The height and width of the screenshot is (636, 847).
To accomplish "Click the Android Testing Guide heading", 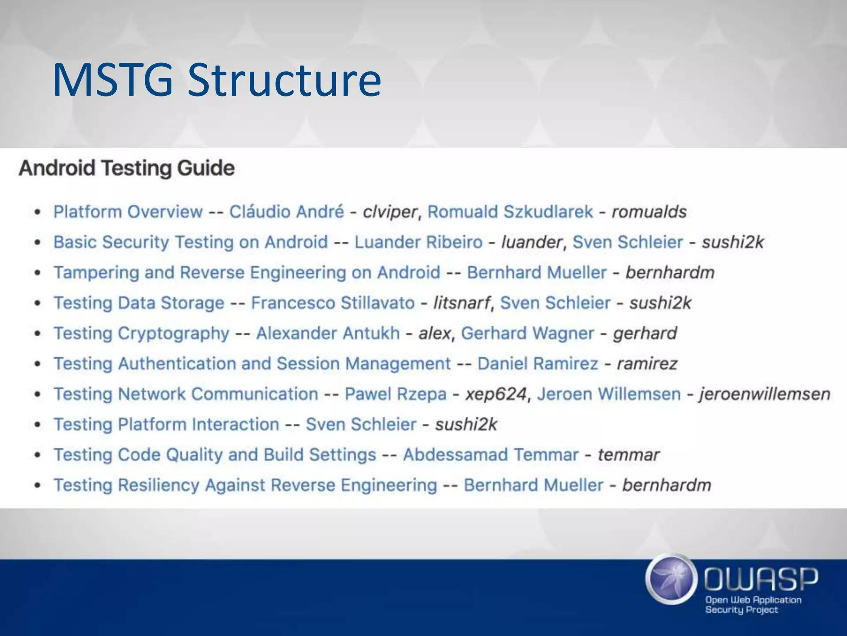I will pos(127,168).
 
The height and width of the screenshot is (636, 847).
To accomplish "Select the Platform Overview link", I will pos(128,212).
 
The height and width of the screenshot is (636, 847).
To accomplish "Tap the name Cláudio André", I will pos(287,212).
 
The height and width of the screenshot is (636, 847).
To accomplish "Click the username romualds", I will pos(649,212).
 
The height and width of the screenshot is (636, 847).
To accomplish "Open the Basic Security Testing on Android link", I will pos(191,242).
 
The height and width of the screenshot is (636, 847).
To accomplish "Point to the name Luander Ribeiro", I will pos(418,242).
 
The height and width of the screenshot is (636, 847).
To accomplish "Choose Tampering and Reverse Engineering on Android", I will pos(247,272).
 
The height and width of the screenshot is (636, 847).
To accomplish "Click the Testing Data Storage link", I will pos(139,303).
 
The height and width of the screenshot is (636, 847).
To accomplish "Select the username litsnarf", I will pos(461,303).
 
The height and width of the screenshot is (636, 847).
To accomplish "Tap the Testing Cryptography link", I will pos(141,333).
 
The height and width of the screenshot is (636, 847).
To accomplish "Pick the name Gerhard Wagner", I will pos(527,333).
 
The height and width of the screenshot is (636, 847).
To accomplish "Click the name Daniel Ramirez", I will pos(538,364).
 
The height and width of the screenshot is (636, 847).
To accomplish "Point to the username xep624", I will pos(496,394).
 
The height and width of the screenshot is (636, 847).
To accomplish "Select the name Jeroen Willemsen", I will pos(609,394).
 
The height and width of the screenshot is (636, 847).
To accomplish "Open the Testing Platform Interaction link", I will pos(167,424).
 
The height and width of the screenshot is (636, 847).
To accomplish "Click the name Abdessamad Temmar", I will pos(490,455).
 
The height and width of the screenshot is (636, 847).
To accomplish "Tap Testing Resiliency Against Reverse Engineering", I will pos(245,485).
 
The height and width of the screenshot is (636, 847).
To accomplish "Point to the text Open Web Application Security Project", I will pos(753,605).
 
